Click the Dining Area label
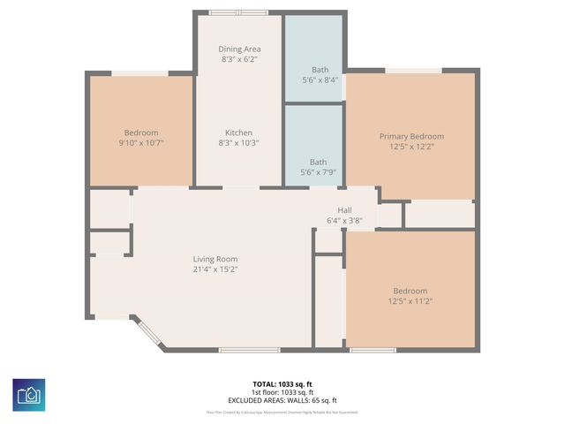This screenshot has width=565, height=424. pyautogui.click(x=239, y=49)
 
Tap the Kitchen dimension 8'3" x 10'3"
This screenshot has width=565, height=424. pyautogui.click(x=239, y=142)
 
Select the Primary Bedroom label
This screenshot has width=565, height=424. pyautogui.click(x=411, y=136)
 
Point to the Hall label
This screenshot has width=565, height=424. pyautogui.click(x=344, y=209)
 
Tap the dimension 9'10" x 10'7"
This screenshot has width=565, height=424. pyautogui.click(x=141, y=142)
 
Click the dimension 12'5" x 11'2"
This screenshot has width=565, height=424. pyautogui.click(x=410, y=301)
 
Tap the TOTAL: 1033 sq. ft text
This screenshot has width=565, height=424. pyautogui.click(x=282, y=384)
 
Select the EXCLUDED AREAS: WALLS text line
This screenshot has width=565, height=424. pyautogui.click(x=282, y=400)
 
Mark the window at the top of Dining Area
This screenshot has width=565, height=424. pyautogui.click(x=239, y=12)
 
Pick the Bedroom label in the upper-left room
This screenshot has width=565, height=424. pyautogui.click(x=141, y=132)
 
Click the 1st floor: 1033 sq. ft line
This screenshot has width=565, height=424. pyautogui.click(x=282, y=392)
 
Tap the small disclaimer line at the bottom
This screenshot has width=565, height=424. pyautogui.click(x=282, y=413)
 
